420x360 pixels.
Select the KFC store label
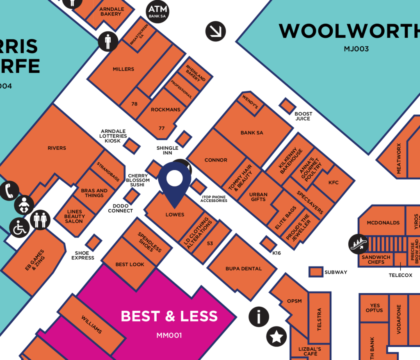333,182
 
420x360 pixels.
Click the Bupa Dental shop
244,269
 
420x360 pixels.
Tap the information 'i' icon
259,317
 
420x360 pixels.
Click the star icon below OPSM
276,337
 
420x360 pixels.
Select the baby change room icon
24,205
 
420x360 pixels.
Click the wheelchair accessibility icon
19,228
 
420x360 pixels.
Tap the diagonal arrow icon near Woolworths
216,31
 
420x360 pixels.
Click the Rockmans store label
165,110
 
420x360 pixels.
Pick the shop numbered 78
135,104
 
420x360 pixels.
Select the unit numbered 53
210,244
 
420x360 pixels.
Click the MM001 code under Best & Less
169,335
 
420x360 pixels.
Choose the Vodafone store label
399,319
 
